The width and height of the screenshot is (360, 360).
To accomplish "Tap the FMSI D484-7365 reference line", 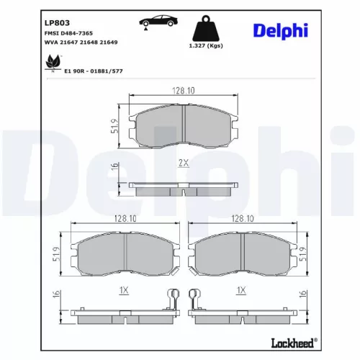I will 48,33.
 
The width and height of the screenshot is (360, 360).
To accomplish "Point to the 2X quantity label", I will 183,163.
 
